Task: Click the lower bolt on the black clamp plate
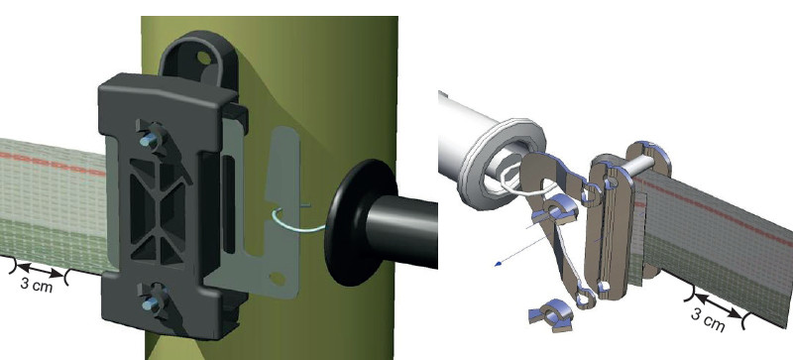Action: (151, 303)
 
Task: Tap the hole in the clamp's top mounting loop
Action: (204, 59)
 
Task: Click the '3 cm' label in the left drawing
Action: (37, 284)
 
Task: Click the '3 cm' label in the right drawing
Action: (708, 320)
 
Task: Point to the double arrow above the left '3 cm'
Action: (40, 270)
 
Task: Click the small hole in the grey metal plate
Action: (277, 278)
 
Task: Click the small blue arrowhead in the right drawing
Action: (499, 263)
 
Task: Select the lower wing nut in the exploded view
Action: (548, 316)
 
